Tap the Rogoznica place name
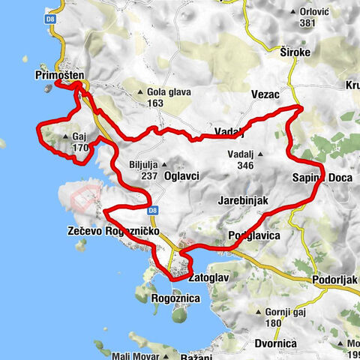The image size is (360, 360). [174, 298]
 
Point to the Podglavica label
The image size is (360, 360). [253, 235]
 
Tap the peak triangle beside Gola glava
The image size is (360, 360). [139, 93]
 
